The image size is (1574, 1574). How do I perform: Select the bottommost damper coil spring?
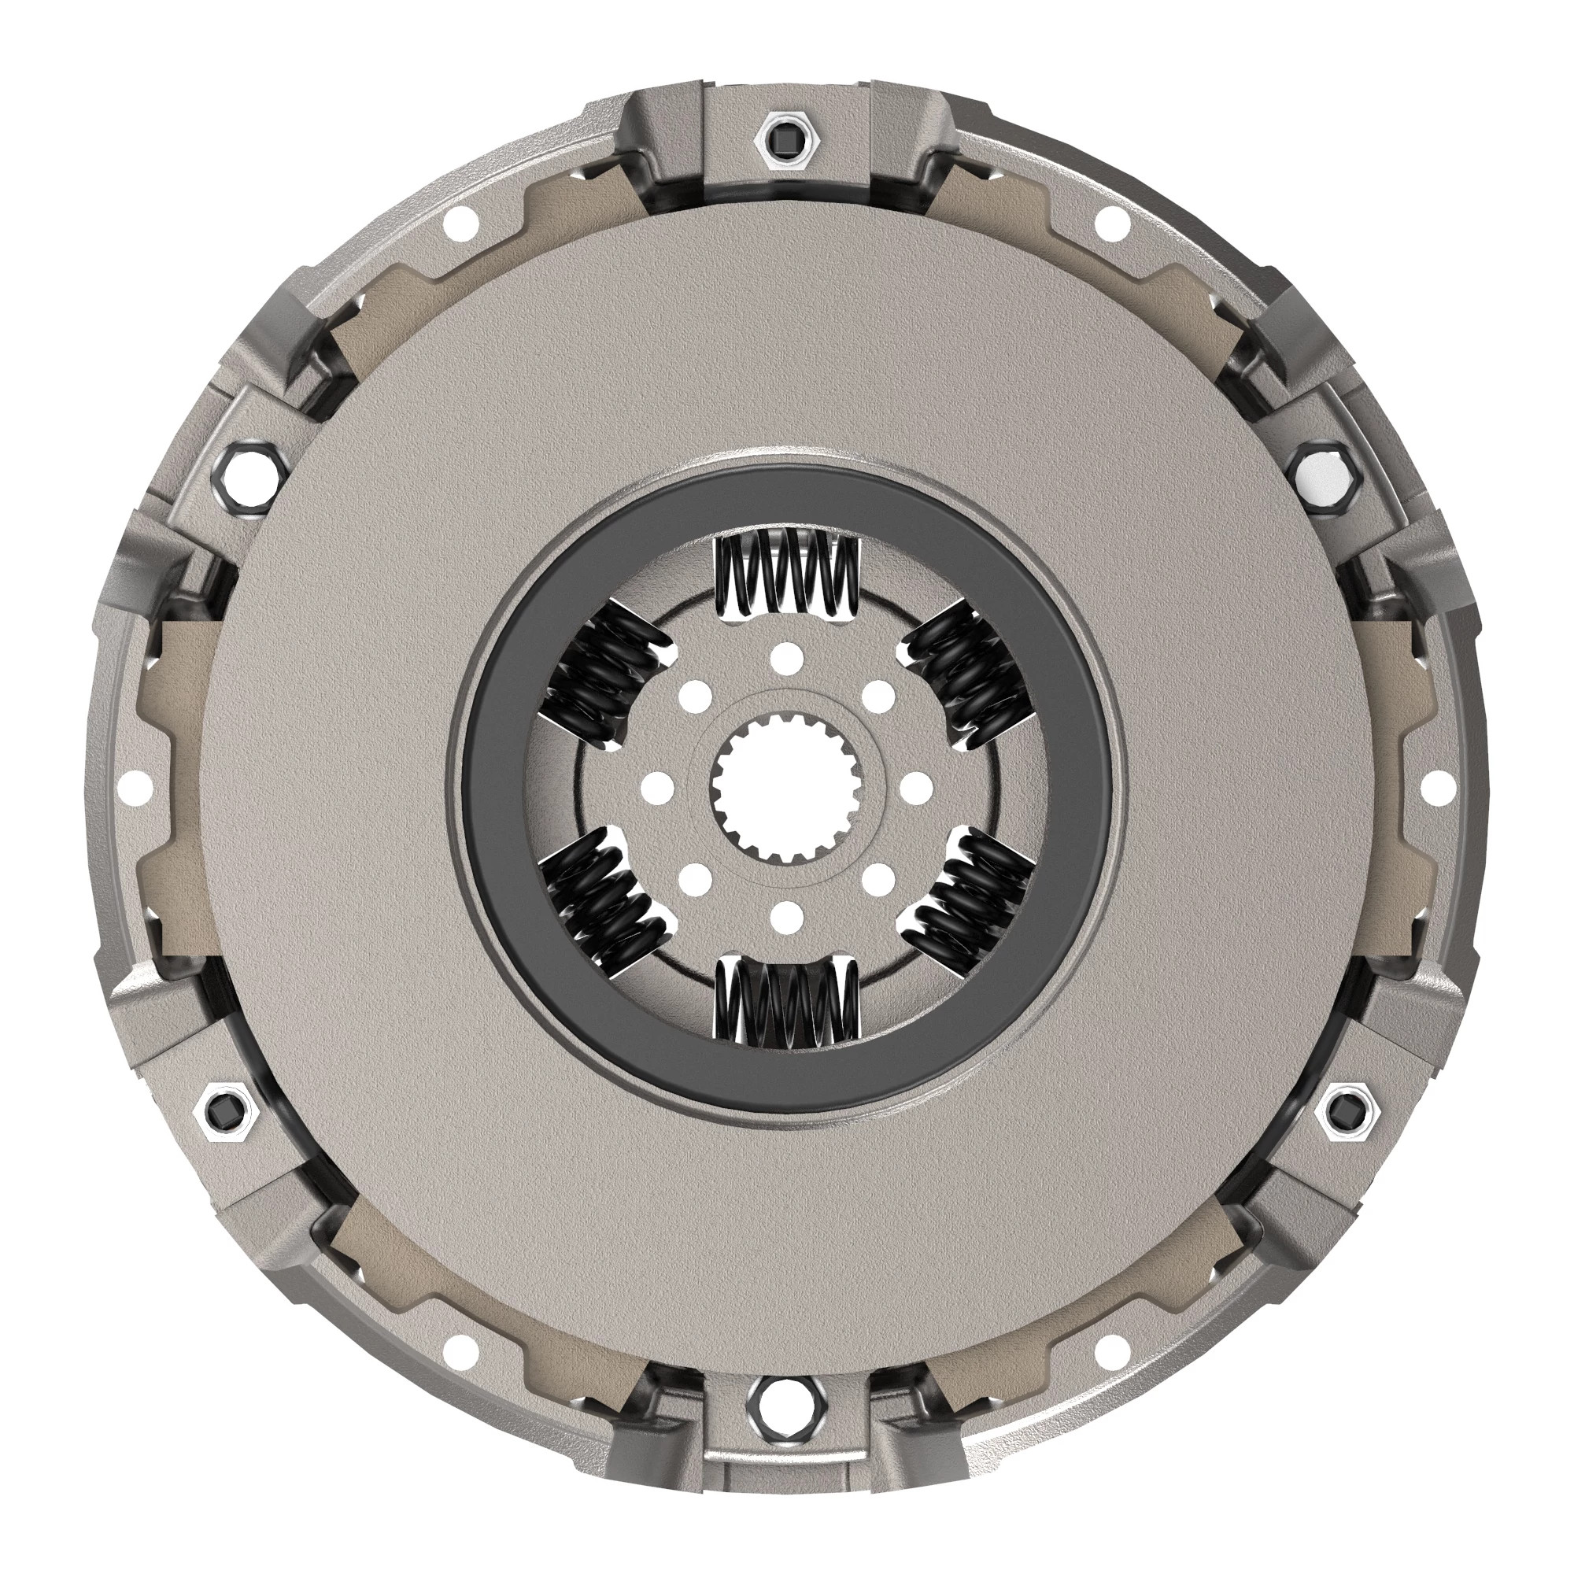[x=787, y=1002]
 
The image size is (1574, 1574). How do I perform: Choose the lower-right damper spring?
[x=970, y=901]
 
